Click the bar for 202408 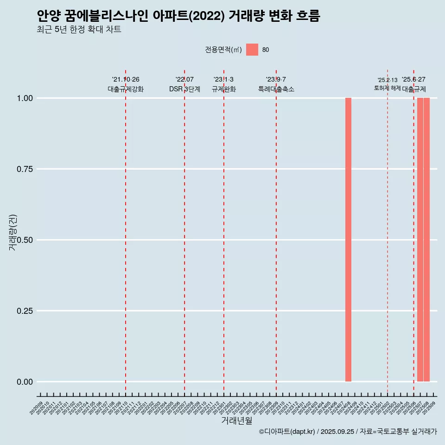348,240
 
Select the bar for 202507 420,240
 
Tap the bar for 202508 426,240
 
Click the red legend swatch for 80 252,50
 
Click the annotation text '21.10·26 126,80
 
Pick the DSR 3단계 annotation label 184,89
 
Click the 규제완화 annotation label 224,89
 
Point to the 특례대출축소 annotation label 276,89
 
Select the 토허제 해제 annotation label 388,88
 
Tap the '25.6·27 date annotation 413,80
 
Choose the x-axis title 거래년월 237,420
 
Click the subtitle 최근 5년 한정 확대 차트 79,30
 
